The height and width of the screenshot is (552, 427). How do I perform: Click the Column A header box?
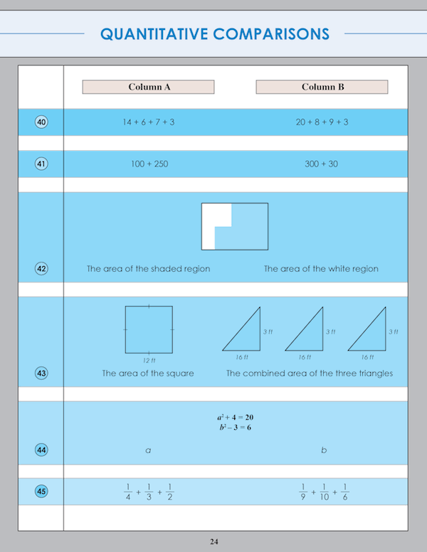148,87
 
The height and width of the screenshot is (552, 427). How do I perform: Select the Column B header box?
322,87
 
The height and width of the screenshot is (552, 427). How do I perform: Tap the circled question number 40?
41,122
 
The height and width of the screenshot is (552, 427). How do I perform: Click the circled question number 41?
41,164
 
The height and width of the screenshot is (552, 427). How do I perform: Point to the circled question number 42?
41,269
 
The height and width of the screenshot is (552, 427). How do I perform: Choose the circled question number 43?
41,373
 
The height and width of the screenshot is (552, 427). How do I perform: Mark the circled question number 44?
41,450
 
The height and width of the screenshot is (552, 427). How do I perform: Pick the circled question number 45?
41,491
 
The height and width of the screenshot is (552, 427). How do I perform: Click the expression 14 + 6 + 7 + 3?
149,122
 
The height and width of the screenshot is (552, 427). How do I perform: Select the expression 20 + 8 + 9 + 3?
322,122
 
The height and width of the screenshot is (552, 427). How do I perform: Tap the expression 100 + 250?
149,164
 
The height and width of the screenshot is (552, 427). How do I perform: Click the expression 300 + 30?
322,164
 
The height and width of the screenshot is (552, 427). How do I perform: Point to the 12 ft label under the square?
149,360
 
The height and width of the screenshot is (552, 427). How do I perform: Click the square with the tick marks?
149,329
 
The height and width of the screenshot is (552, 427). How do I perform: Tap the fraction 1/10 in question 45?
325,492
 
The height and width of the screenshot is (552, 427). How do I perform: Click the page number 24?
213,542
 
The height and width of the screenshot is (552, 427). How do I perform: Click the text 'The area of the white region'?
321,269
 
